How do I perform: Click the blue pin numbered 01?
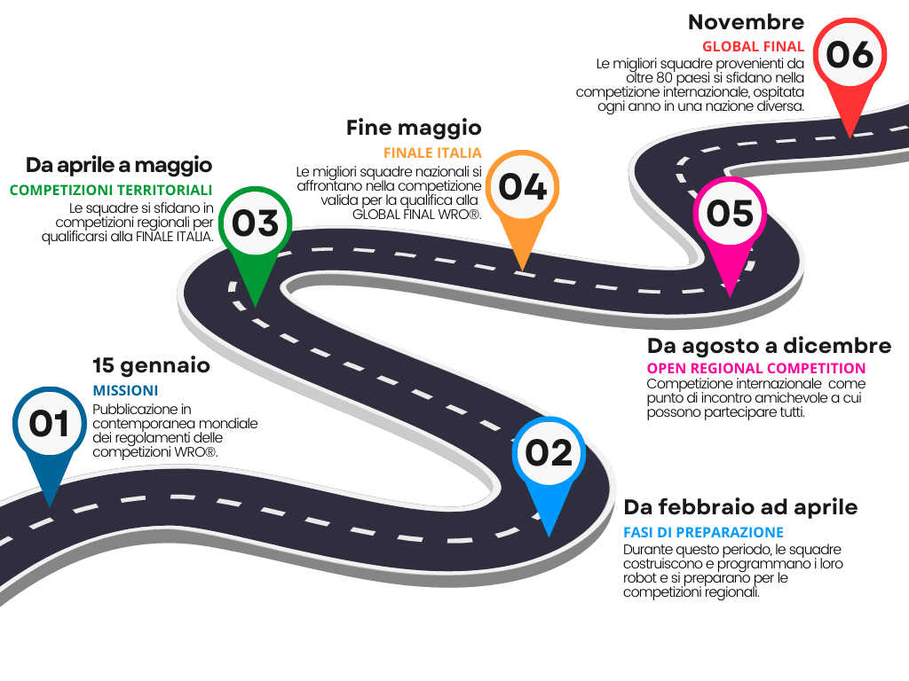49,425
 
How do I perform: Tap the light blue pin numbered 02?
549,453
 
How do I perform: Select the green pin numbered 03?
255,223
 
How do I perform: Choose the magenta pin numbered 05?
730,214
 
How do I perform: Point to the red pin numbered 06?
850,55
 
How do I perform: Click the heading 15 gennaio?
151,365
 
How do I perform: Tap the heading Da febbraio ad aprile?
740,507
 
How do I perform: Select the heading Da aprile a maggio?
119,165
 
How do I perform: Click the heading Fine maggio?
414,128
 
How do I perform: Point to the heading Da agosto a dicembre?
769,346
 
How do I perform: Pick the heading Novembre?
746,22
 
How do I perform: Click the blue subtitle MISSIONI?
125,390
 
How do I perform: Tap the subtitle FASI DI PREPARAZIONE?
703,532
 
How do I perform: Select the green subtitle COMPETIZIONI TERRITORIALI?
111,190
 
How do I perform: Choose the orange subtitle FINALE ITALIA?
432,153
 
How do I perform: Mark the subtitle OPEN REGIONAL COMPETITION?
755,368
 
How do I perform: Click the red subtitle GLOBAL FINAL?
753,46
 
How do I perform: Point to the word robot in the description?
639,577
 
